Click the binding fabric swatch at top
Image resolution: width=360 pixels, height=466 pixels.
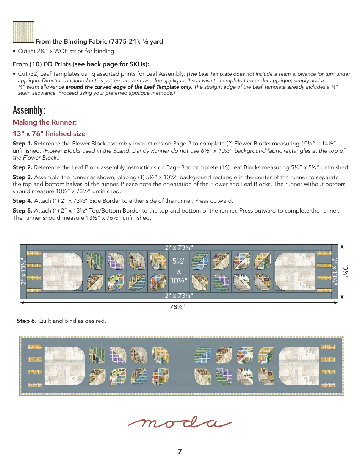pyautogui.click(x=23, y=32)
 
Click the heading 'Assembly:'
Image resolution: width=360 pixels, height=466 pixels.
pyautogui.click(x=29, y=110)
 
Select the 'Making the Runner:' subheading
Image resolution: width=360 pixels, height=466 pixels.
pyautogui.click(x=45, y=122)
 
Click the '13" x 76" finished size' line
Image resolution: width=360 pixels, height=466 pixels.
pyautogui.click(x=49, y=134)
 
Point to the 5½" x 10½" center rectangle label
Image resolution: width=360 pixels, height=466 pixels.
pyautogui.click(x=179, y=271)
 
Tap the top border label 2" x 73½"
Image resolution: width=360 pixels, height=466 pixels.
pyautogui.click(x=179, y=247)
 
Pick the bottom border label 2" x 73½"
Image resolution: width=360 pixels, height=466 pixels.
pyautogui.click(x=179, y=296)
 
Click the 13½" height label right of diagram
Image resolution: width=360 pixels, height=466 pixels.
pyautogui.click(x=346, y=271)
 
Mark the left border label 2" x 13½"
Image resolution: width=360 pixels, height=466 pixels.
pyautogui.click(x=23, y=271)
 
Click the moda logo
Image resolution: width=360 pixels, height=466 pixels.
pyautogui.click(x=180, y=423)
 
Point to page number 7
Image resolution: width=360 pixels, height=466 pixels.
pyautogui.click(x=180, y=451)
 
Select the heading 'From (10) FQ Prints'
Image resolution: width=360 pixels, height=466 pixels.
pyautogui.click(x=81, y=64)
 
